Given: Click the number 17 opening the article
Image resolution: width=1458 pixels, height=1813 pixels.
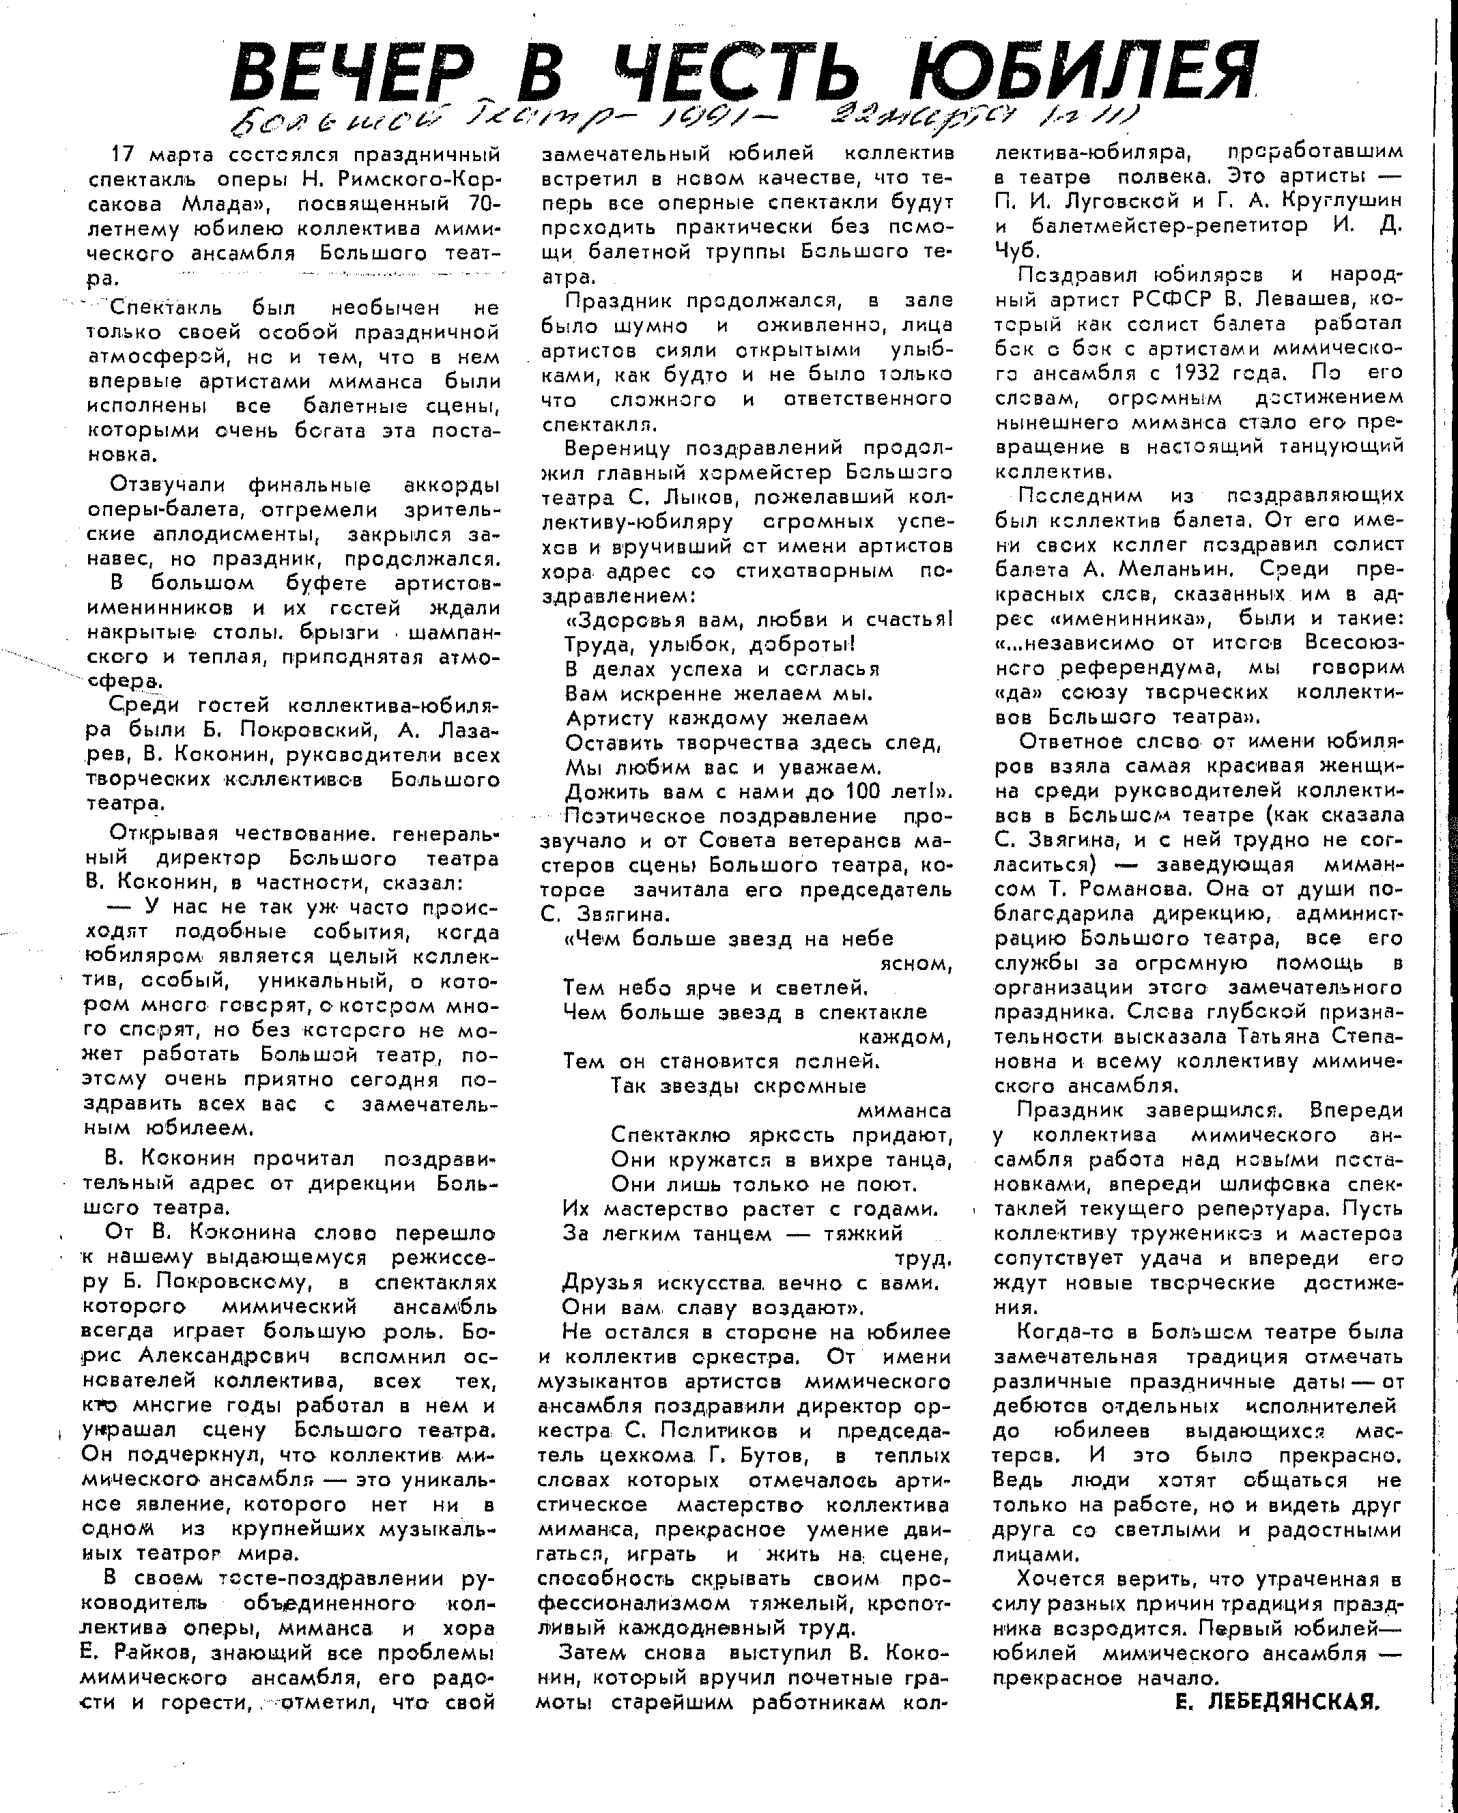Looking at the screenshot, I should (124, 156).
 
